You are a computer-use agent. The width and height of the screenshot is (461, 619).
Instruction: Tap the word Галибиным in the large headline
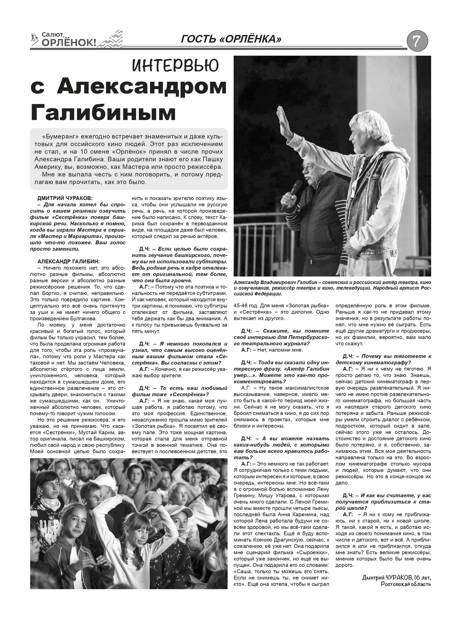(x=103, y=113)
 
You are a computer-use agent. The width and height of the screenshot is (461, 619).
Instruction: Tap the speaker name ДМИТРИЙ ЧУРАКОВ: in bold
(x=65, y=198)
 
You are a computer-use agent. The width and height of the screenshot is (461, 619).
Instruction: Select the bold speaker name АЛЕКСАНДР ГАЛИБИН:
(x=69, y=261)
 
